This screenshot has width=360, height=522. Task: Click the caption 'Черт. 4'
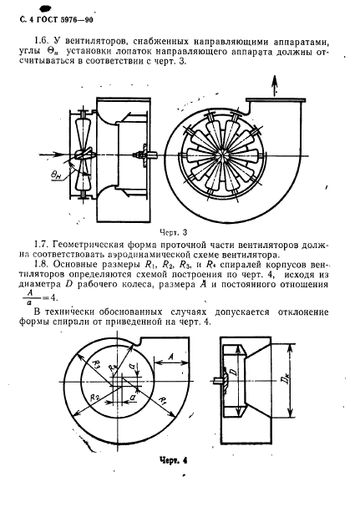coord(179,458)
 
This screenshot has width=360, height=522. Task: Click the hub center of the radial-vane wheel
coord(224,153)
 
